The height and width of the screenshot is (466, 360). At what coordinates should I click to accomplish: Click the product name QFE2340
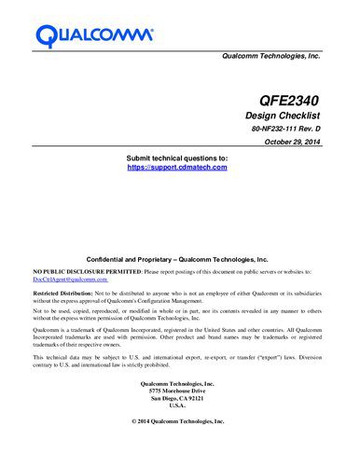[290, 96]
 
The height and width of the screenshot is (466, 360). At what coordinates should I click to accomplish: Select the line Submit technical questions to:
[176, 158]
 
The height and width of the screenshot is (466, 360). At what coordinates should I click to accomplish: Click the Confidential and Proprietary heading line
[176, 260]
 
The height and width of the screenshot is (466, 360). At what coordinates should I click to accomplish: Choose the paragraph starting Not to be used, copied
[177, 314]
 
